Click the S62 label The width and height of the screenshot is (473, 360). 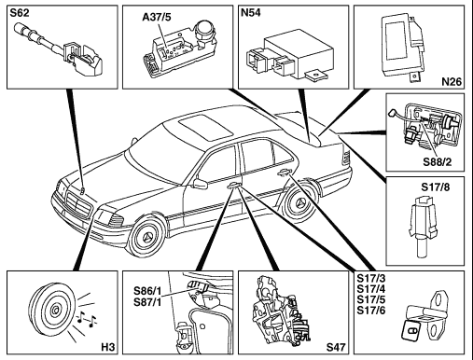[x=20, y=13]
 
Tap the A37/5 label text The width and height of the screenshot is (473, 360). [x=157, y=17]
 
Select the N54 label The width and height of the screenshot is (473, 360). [x=251, y=13]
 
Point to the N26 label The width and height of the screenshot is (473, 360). [x=452, y=81]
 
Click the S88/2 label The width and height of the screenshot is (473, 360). [x=438, y=162]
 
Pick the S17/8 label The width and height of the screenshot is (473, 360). [x=436, y=187]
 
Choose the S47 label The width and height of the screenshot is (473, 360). [x=336, y=347]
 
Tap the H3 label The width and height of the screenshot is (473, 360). [x=108, y=347]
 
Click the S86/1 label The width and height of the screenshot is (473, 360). [x=147, y=291]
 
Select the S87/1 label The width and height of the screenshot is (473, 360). [x=147, y=302]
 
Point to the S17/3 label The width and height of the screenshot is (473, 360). [x=371, y=278]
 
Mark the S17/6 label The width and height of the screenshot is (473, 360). [x=371, y=311]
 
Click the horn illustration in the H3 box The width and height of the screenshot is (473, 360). [x=52, y=310]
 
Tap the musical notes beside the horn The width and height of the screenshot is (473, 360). [x=87, y=319]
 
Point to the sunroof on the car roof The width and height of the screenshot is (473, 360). [x=205, y=126]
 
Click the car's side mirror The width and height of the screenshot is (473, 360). [x=200, y=184]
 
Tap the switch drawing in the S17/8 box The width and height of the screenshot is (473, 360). [x=421, y=226]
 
